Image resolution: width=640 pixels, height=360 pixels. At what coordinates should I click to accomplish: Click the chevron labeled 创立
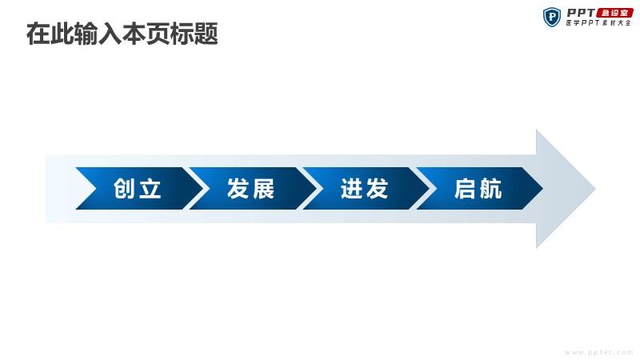[x=138, y=189]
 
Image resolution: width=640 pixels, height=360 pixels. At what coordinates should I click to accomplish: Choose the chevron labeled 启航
[x=479, y=189]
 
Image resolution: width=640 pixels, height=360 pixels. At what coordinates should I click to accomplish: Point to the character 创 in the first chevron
[x=125, y=189]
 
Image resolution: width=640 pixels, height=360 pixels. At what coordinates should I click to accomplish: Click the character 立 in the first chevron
[x=150, y=189]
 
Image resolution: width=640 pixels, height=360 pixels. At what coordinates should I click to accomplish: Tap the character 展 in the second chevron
[x=263, y=189]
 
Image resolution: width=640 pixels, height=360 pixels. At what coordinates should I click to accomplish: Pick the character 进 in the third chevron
[x=351, y=189]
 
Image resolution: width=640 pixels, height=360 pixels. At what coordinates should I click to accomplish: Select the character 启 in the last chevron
[x=466, y=189]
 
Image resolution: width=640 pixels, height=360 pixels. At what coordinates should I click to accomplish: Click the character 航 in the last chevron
[x=490, y=189]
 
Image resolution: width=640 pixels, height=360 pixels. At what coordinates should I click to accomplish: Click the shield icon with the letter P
[x=552, y=17]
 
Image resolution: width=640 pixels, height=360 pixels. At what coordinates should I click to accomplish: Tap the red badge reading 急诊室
[x=614, y=13]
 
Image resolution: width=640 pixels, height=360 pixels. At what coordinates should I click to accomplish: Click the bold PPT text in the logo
[x=582, y=13]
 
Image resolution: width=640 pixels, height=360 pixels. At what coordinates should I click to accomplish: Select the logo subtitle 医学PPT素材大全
[x=598, y=23]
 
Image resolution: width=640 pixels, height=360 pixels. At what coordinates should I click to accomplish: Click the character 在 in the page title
[x=38, y=34]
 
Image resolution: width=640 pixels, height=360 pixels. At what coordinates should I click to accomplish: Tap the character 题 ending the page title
[x=206, y=34]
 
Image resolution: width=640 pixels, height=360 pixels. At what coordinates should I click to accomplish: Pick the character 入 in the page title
[x=110, y=34]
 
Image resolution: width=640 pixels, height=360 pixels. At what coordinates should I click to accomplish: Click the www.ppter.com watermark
[x=599, y=352]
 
